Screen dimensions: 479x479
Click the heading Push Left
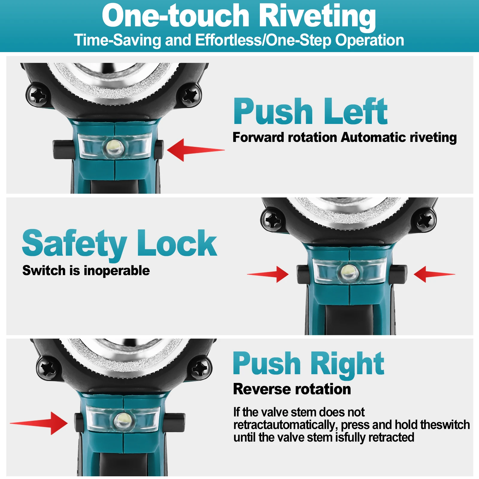(x=310, y=111)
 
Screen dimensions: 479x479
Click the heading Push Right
(x=308, y=363)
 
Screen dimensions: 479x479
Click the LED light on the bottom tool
(x=122, y=419)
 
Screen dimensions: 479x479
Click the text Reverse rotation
(x=292, y=389)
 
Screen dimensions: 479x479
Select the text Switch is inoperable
(x=86, y=271)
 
